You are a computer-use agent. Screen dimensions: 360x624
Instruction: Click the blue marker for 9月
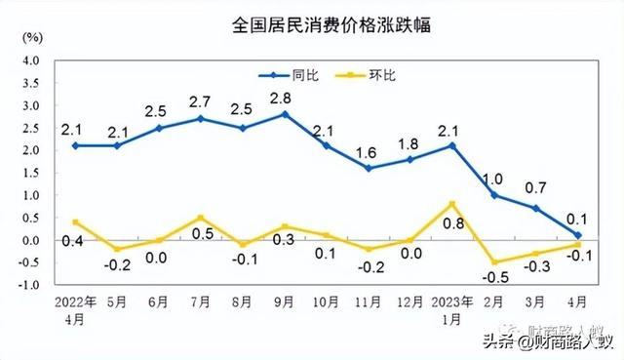coord(284,114)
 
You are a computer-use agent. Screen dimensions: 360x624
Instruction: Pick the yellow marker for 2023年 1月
coord(451,204)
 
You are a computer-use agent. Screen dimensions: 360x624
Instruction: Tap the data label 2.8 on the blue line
coord(284,98)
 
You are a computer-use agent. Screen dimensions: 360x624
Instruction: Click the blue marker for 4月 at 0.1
coord(578,235)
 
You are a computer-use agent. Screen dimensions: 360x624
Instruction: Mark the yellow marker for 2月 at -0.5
coord(494,262)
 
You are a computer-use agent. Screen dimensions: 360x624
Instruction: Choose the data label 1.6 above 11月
coord(368,152)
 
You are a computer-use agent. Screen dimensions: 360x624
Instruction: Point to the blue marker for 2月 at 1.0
coord(494,195)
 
